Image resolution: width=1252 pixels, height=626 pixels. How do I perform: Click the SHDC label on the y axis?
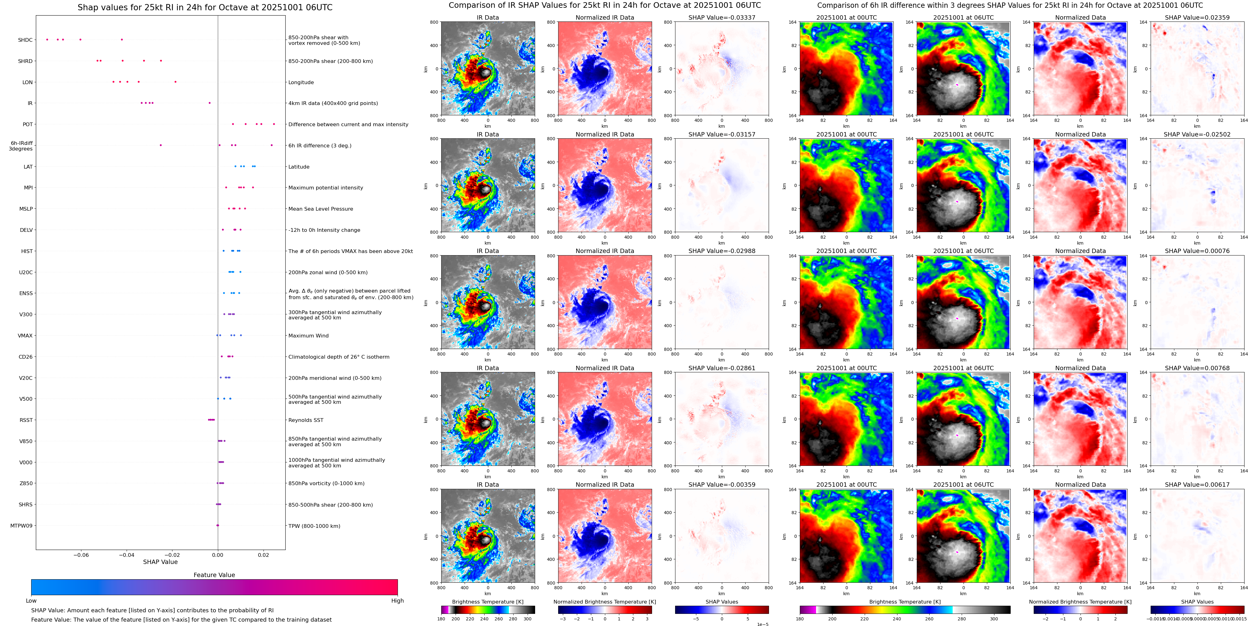25,40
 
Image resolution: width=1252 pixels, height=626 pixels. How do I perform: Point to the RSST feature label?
26,420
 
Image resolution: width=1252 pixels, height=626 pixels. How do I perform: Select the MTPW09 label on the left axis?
22,525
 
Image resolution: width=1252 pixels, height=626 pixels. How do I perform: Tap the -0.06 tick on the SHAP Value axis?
81,555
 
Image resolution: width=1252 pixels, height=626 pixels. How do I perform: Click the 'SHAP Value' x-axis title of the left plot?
160,562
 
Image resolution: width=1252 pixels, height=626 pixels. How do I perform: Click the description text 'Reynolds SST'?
306,420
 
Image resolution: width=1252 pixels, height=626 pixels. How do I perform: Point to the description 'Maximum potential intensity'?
326,188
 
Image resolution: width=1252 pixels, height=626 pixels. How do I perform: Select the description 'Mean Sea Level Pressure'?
321,209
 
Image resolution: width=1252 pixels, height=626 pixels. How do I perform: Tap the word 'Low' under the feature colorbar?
31,601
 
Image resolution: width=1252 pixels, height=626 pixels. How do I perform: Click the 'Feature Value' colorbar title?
214,575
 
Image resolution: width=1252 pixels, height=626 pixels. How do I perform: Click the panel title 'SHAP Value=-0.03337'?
722,17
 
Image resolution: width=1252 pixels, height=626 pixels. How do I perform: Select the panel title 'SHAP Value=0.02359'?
1197,17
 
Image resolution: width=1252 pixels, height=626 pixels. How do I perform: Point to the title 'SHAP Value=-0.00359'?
722,485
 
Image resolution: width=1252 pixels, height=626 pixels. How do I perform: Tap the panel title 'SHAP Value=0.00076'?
1197,251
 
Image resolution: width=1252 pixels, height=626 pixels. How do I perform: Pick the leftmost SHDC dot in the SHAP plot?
47,39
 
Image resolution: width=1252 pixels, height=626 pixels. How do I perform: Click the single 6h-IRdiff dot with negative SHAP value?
161,145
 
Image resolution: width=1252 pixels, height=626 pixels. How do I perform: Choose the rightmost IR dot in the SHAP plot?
210,103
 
